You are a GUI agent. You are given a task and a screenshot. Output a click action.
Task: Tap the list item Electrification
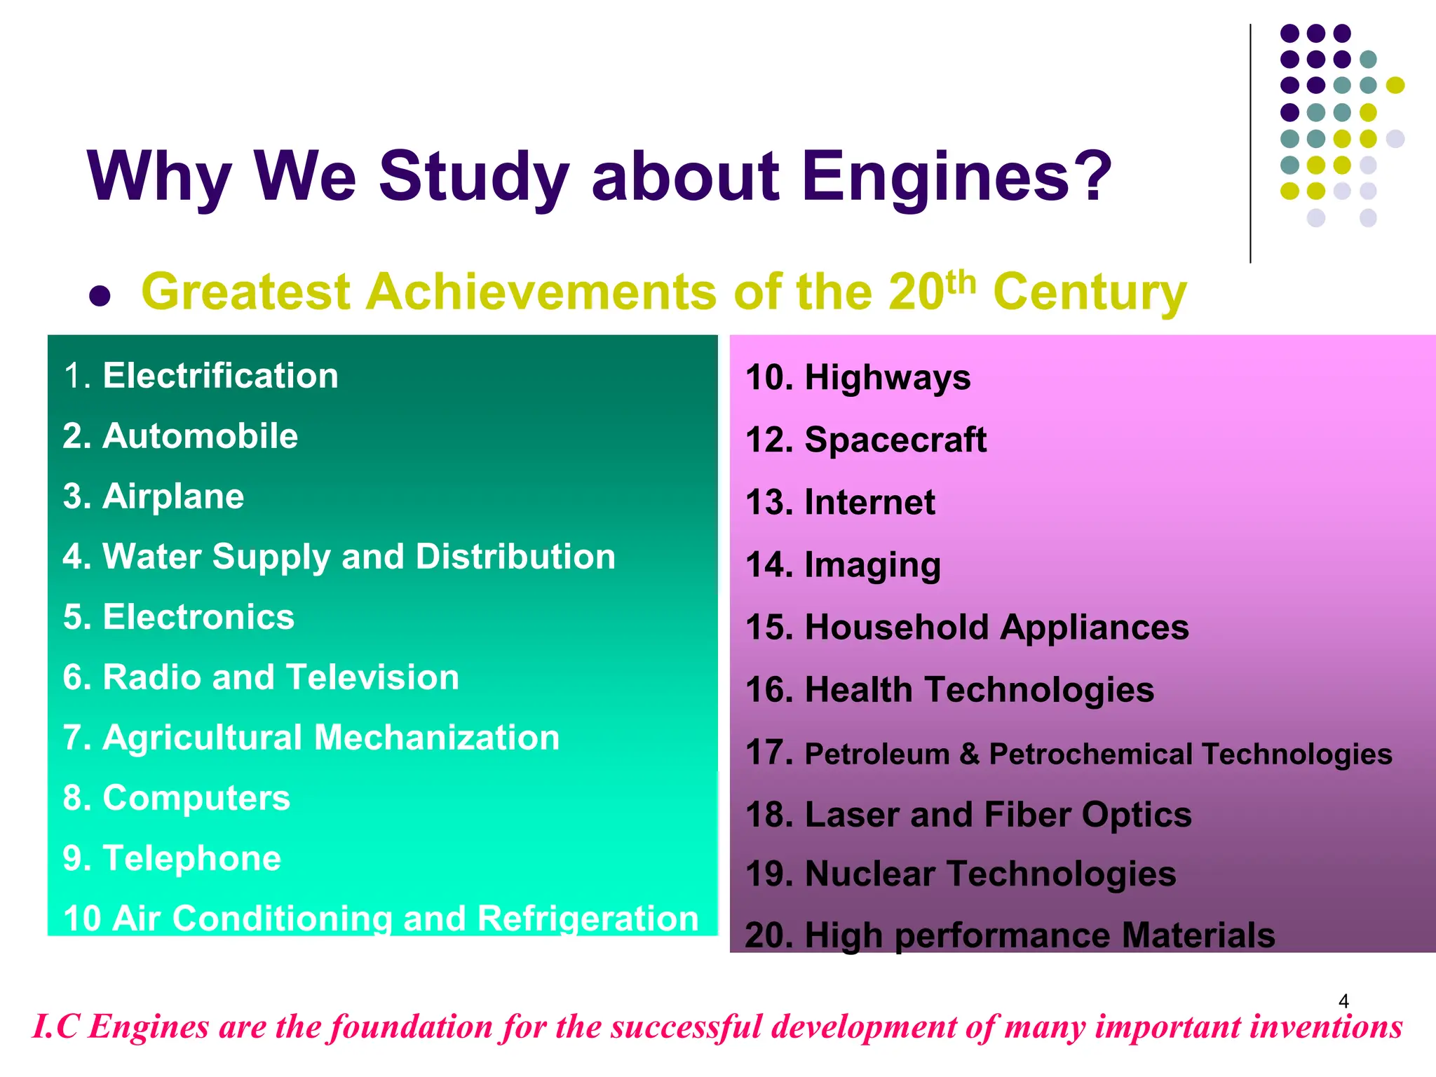[220, 376]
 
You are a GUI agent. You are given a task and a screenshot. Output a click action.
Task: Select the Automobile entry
[200, 436]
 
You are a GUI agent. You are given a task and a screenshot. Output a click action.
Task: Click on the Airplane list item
[173, 496]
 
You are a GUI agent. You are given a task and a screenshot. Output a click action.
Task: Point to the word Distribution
[515, 557]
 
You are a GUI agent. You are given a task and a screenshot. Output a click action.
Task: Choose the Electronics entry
[198, 617]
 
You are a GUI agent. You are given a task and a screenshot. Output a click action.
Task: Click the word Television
[372, 677]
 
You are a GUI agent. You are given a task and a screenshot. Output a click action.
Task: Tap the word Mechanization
[437, 738]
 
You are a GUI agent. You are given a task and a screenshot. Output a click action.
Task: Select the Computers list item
[196, 798]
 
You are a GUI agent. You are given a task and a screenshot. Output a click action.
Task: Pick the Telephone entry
[192, 858]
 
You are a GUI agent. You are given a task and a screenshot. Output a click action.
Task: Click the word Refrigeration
[589, 919]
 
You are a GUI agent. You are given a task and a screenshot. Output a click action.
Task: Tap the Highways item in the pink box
[888, 377]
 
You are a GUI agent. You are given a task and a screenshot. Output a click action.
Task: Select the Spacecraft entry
[895, 440]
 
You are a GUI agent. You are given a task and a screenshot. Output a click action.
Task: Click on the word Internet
[869, 502]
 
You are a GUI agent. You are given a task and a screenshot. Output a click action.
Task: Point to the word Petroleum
[877, 754]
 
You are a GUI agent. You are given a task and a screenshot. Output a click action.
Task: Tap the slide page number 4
[1343, 1001]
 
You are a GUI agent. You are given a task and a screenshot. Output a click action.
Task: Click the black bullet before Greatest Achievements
[100, 295]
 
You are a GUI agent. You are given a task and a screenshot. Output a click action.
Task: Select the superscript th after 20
[961, 282]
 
